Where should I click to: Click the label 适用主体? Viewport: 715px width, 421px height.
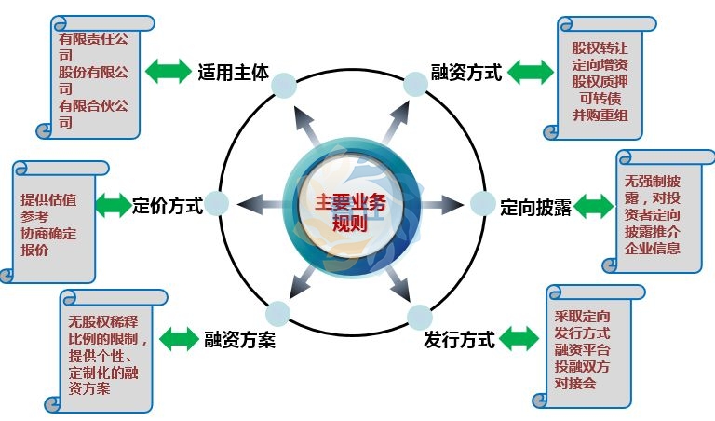click(x=233, y=71)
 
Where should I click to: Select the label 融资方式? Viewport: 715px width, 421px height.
click(x=466, y=72)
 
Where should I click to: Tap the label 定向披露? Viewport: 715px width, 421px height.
click(x=535, y=206)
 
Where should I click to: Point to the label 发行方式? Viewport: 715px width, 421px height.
click(x=458, y=338)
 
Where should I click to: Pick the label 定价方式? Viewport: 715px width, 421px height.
click(x=168, y=205)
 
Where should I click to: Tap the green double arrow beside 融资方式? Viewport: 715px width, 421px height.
click(x=529, y=72)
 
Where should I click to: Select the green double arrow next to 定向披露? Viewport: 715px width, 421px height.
click(x=594, y=206)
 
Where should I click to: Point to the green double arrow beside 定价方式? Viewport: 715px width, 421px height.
click(x=112, y=205)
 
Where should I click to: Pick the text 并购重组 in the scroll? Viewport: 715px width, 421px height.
click(x=600, y=115)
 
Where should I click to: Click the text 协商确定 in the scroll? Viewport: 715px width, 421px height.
click(x=48, y=234)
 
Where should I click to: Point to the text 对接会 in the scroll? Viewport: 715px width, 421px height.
click(x=575, y=383)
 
